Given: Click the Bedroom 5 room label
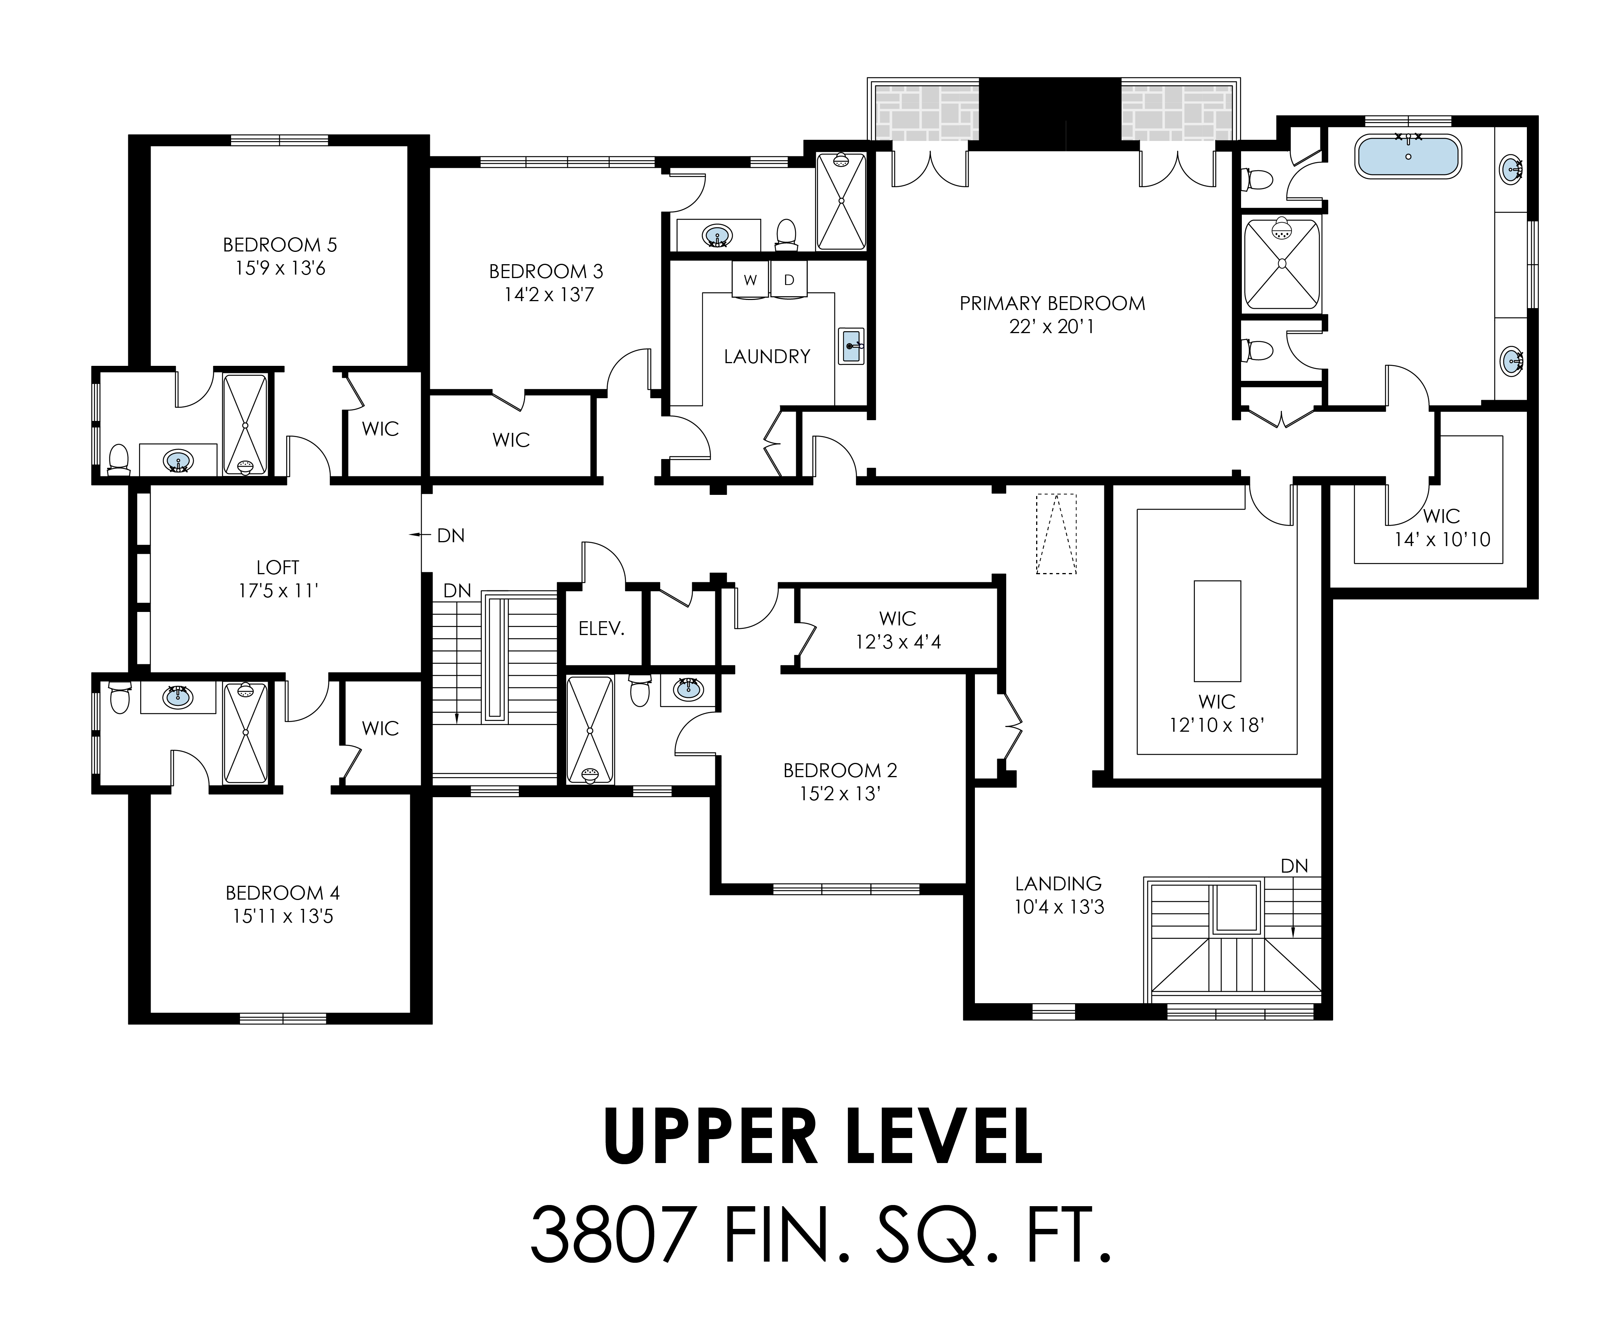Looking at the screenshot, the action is point(280,245).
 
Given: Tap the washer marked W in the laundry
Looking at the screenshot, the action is point(750,280).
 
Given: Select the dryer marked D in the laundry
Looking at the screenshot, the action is point(789,280).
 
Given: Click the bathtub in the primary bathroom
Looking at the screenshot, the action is point(1407,157).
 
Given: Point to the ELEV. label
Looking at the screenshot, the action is point(601,628).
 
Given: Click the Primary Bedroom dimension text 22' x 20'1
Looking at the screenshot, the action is point(1052,327).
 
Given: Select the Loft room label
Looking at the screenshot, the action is point(278,567).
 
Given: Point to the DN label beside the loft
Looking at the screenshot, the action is point(451,536).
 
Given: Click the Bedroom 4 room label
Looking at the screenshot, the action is point(283,893).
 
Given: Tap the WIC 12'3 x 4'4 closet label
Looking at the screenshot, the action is point(897,630).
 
